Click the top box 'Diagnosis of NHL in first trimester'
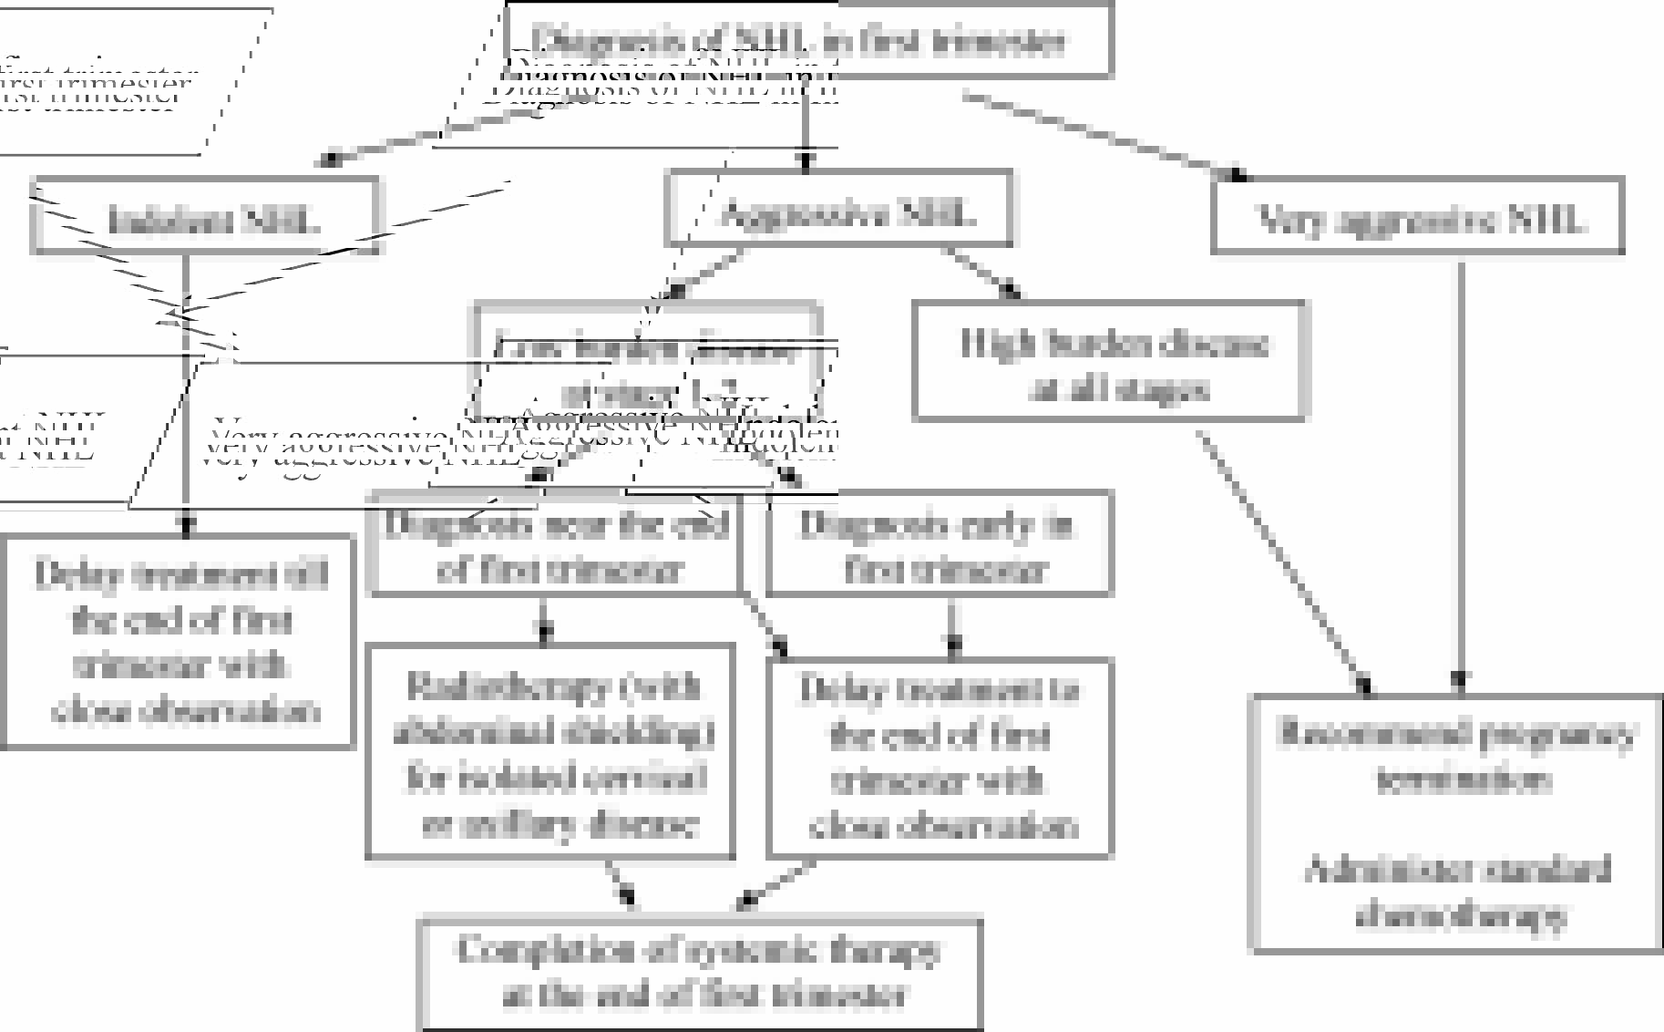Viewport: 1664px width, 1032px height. point(808,38)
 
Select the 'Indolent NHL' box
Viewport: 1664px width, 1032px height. point(205,216)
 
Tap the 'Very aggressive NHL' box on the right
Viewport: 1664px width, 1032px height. point(1417,216)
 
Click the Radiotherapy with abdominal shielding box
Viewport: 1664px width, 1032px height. point(550,752)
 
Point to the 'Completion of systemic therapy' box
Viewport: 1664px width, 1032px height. point(699,973)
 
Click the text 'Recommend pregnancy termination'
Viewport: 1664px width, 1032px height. point(1456,755)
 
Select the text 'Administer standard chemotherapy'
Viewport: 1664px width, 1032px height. point(1456,892)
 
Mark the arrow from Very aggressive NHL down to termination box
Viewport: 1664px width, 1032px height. point(1461,474)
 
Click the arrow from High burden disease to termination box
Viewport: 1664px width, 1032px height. point(1285,561)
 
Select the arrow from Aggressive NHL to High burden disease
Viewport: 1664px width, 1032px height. point(980,273)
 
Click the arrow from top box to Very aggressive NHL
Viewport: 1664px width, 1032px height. point(1103,134)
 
